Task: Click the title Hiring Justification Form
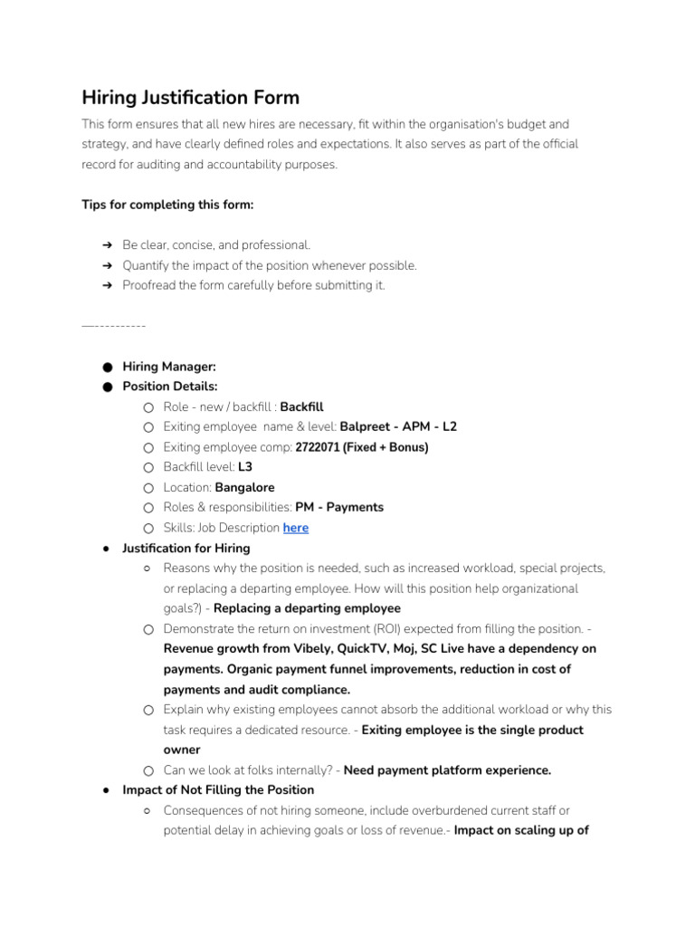(190, 97)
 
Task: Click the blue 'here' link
(296, 528)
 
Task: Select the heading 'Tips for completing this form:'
(167, 205)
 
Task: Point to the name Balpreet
(367, 426)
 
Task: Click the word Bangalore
(244, 487)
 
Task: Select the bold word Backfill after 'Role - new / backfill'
(301, 406)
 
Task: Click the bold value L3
(244, 467)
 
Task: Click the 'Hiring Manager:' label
(169, 367)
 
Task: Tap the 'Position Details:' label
(170, 387)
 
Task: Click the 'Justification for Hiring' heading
(186, 548)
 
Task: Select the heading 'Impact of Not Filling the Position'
(218, 789)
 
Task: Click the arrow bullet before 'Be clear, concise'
(107, 245)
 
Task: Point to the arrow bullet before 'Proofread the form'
(107, 285)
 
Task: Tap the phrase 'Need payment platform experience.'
(447, 770)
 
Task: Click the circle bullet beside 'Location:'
(148, 487)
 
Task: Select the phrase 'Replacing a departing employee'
(307, 608)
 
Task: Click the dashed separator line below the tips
(113, 325)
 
